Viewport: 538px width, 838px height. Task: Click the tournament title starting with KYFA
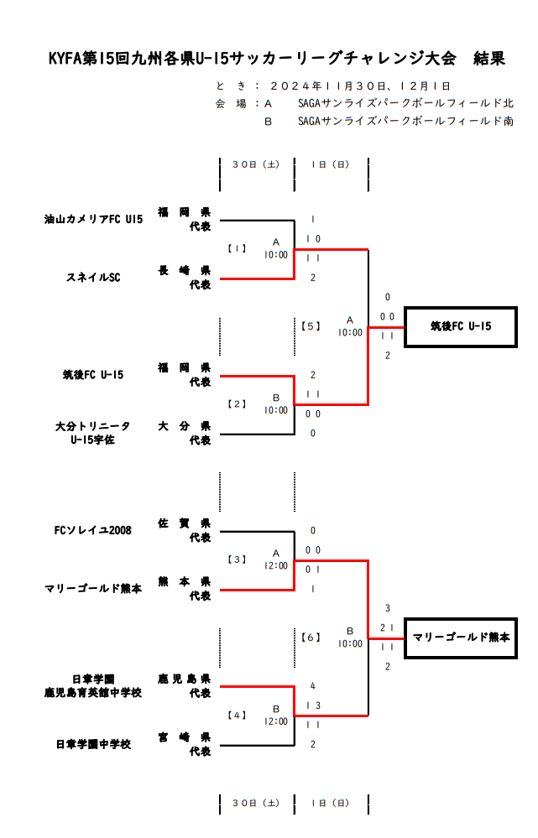click(276, 59)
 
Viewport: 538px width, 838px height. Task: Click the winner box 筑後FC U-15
click(460, 326)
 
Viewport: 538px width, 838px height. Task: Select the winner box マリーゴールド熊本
click(460, 638)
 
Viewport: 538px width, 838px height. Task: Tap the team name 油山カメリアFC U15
click(94, 219)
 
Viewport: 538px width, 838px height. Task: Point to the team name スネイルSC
click(93, 278)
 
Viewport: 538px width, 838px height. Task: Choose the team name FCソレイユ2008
click(93, 530)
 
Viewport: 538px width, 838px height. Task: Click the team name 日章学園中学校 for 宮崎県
click(93, 744)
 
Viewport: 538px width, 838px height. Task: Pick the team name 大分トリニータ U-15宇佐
click(93, 433)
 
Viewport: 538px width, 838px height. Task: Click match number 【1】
click(238, 248)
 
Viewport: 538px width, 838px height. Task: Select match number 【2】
click(238, 403)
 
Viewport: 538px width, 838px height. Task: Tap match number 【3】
click(238, 559)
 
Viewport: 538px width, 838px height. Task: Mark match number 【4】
click(238, 715)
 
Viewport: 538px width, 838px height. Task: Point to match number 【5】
click(311, 325)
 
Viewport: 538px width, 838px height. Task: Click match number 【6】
click(311, 637)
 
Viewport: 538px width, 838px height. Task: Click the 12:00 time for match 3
click(275, 566)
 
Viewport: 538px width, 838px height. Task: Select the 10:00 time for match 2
click(275, 410)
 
